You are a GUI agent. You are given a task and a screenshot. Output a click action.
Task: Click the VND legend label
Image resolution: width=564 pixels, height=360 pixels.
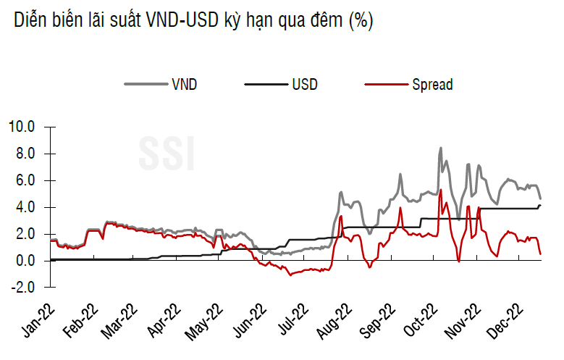pos(185,85)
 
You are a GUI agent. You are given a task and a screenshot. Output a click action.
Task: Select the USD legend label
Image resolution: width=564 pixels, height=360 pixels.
pos(305,85)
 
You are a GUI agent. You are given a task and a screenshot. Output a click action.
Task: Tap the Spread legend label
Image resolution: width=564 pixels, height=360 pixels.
pos(432,85)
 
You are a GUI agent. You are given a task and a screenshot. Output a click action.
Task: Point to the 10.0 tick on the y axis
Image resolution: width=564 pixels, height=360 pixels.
pos(22,127)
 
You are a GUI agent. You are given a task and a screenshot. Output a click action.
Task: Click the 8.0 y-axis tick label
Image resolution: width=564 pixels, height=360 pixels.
pos(25,154)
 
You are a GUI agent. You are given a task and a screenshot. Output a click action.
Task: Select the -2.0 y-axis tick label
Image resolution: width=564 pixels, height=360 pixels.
pos(23,288)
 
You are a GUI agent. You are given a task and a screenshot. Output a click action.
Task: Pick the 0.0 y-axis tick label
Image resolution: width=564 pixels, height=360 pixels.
pos(25,261)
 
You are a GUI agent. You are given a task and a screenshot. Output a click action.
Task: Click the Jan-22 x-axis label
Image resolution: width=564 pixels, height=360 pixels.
pos(39,322)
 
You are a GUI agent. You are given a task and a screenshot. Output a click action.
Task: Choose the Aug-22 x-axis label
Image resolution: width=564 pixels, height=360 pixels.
pos(334,322)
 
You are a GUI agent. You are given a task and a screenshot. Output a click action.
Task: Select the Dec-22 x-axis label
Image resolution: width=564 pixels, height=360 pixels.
pos(505,322)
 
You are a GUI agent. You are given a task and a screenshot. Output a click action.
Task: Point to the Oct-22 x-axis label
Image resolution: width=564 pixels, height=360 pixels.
pos(421,322)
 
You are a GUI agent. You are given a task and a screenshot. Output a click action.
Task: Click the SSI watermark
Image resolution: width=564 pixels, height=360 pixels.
pos(167,154)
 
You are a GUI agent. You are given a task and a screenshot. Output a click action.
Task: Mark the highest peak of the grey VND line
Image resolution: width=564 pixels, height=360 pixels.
pos(441,148)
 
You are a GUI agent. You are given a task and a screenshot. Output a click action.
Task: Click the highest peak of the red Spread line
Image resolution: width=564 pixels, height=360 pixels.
pos(441,190)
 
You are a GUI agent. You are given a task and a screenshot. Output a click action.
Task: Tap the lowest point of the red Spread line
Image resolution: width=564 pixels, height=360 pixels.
pos(290,275)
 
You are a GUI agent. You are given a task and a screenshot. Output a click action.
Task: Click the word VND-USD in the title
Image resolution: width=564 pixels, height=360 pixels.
pos(182,20)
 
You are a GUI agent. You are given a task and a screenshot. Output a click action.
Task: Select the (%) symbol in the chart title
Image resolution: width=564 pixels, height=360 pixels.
pos(361,21)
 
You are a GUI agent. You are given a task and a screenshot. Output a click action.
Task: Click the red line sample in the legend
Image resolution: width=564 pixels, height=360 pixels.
pos(387,85)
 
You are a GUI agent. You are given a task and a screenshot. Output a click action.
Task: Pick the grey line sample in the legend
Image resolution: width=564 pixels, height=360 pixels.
pos(146,85)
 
